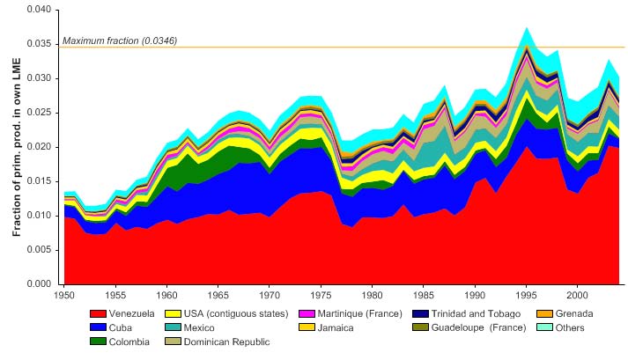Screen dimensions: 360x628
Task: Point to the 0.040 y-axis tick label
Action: point(38,10)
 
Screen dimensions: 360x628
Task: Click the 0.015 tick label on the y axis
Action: point(38,181)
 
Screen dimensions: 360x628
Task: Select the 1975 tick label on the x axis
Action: point(321,291)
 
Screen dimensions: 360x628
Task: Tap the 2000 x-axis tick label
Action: point(578,291)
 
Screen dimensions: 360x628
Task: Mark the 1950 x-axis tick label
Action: point(63,291)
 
